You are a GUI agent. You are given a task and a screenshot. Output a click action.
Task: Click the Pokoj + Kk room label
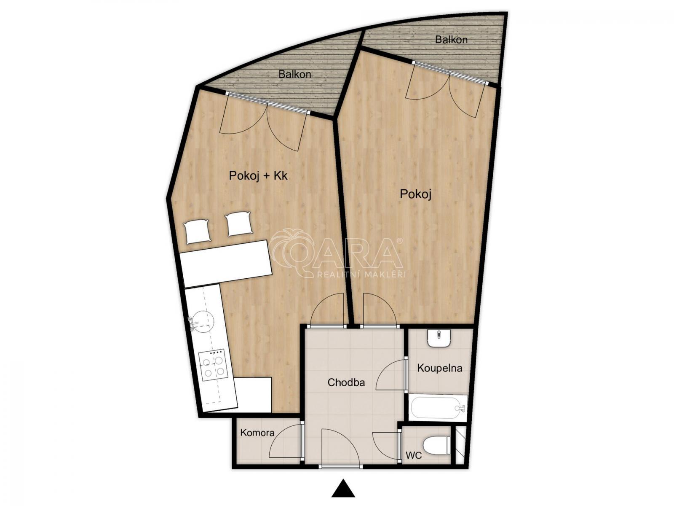point(258,176)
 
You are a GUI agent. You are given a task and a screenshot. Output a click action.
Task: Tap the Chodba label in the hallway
point(346,382)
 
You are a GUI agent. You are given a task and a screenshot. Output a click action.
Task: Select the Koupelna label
point(440,368)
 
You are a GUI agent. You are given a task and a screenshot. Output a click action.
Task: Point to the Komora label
point(257,433)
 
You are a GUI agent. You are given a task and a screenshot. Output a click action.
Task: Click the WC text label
point(414,455)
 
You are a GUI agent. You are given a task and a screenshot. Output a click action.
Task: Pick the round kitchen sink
point(203,321)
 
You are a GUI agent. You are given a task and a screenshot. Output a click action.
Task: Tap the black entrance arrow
point(343,487)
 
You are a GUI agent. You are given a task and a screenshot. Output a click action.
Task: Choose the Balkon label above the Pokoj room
point(451,40)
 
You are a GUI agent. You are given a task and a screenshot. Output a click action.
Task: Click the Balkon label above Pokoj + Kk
point(295,74)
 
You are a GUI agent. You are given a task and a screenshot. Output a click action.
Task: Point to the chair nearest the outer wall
point(197,232)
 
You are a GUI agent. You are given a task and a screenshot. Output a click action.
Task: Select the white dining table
point(226,264)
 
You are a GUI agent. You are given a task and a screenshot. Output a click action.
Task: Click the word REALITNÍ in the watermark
point(338,274)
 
